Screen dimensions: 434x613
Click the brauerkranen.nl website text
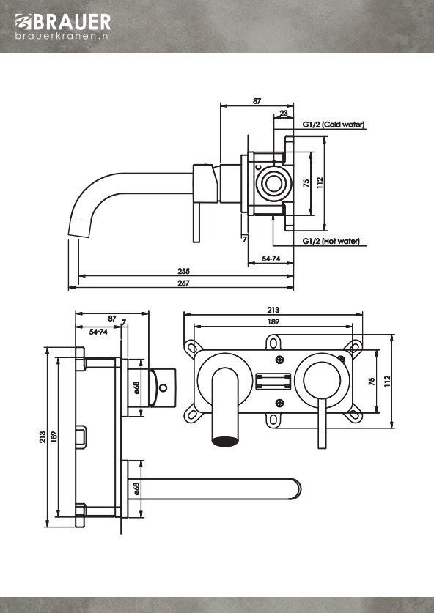pyautogui.click(x=64, y=37)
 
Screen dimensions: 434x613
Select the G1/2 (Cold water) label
pyautogui.click(x=334, y=125)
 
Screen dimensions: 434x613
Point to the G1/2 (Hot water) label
pyautogui.click(x=331, y=241)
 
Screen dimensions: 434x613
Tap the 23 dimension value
pyautogui.click(x=284, y=113)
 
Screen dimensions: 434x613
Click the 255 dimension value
pyautogui.click(x=183, y=271)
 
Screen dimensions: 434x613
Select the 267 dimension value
pyautogui.click(x=183, y=283)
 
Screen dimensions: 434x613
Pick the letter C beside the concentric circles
pyautogui.click(x=258, y=167)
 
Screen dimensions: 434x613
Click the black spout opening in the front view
pyautogui.click(x=225, y=442)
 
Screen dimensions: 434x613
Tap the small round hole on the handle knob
pyautogui.click(x=163, y=388)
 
